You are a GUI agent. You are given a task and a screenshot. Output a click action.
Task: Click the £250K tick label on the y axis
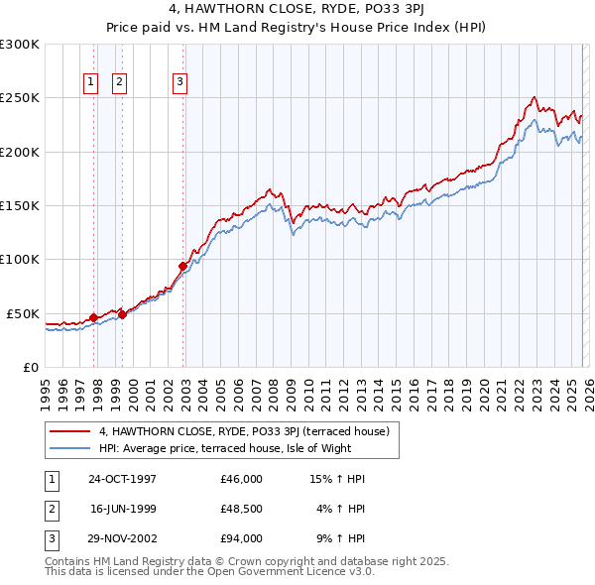tap(20, 98)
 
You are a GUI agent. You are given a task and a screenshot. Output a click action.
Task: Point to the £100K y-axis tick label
tap(20, 260)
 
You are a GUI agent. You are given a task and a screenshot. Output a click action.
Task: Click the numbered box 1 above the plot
tap(90, 83)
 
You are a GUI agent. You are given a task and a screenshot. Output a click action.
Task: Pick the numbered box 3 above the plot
tap(180, 83)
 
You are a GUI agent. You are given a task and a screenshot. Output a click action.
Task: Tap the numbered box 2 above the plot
tap(119, 83)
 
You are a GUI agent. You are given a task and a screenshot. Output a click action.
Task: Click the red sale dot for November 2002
tap(183, 266)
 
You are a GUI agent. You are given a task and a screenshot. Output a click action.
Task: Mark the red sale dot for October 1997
tap(94, 317)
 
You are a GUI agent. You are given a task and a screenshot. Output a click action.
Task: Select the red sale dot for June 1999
tap(123, 314)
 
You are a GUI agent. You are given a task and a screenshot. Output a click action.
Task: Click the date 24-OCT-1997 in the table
tap(122, 479)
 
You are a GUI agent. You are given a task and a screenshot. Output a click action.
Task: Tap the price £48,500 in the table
tap(242, 509)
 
